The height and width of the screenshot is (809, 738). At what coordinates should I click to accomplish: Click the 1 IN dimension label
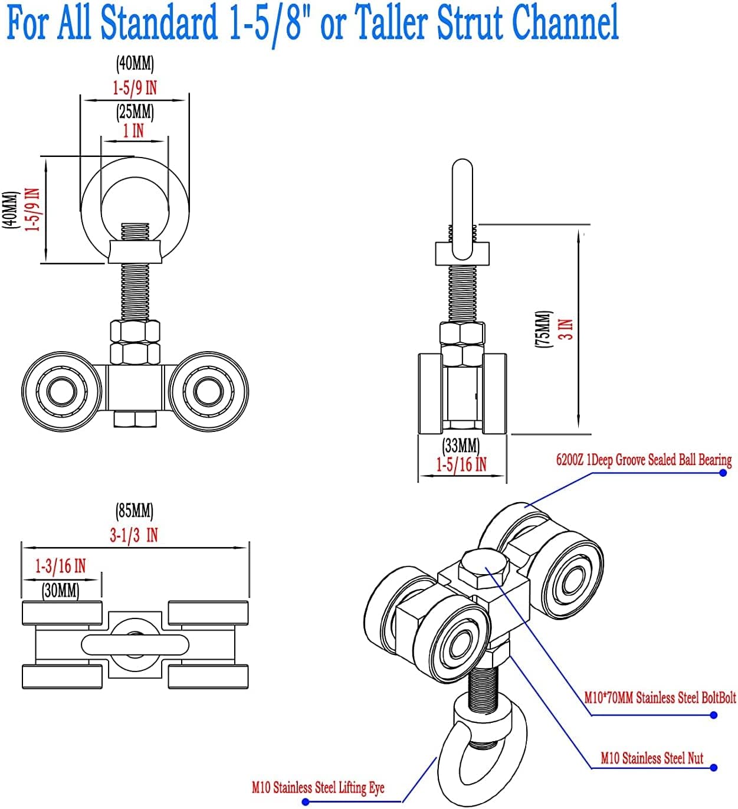click(133, 130)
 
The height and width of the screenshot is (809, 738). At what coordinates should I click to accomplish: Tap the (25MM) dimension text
click(136, 111)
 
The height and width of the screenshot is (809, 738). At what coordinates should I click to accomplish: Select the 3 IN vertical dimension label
click(566, 329)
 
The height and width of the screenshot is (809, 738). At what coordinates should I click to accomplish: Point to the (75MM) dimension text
click(543, 329)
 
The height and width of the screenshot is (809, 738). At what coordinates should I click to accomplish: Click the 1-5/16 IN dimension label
click(461, 464)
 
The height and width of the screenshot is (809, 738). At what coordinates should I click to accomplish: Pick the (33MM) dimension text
click(461, 445)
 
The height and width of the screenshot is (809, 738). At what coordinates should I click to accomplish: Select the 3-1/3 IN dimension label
click(134, 535)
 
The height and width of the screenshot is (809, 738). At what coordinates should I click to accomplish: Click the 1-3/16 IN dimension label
click(60, 566)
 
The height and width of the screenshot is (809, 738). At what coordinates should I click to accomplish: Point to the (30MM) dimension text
click(61, 589)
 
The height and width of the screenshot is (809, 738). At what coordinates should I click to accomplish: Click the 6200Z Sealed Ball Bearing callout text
click(644, 460)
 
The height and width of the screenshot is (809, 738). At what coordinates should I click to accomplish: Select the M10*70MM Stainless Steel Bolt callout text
click(660, 698)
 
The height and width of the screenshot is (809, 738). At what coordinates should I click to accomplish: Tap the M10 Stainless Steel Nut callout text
click(652, 758)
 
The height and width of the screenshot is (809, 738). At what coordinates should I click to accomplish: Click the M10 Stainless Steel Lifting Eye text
click(318, 788)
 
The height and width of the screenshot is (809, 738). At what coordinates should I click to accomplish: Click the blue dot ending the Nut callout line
click(714, 768)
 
